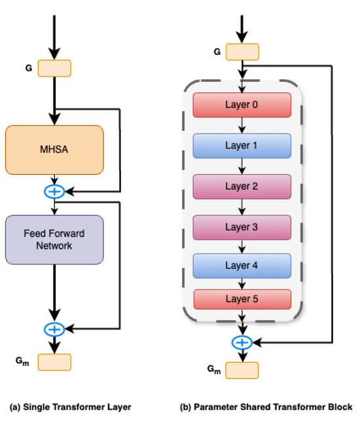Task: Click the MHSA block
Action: pos(54,150)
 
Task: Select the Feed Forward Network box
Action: pos(54,239)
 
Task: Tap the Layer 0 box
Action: pos(242,105)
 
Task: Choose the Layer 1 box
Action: pos(242,145)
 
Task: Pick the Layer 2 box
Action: pos(242,186)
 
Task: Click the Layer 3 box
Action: pos(242,227)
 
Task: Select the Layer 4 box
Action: pos(242,266)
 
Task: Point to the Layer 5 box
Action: pos(242,299)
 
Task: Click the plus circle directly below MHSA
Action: pos(54,192)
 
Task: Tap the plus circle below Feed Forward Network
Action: pos(54,329)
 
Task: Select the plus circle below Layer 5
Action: pos(242,342)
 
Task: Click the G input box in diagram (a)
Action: pos(54,68)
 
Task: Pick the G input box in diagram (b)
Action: pos(242,52)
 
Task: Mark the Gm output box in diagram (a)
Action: pos(54,362)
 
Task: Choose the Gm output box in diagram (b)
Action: pos(242,370)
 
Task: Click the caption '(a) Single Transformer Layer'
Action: pos(71,407)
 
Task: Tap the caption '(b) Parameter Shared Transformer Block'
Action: pos(266,407)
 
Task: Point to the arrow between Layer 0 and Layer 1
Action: pos(242,125)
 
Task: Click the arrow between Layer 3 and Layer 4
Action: pos(242,246)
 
